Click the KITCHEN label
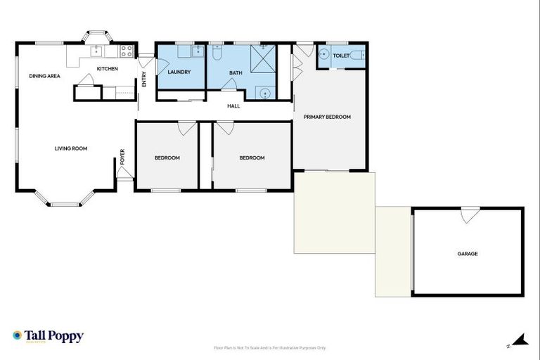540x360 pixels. coord(107,68)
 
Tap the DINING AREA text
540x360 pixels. coord(44,75)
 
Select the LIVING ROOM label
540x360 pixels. coord(71,148)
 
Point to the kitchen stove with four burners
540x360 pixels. coord(127,51)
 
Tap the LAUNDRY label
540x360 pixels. coord(179,72)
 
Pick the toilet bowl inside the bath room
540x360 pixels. coord(217,53)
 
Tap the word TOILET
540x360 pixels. coord(341,55)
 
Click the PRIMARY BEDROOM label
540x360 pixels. coord(327,117)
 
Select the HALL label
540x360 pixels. coord(233,106)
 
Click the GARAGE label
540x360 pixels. coord(468,254)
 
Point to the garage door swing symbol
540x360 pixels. coord(467,217)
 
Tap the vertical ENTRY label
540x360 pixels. coord(144,80)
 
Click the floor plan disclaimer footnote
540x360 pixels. coord(269,347)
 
